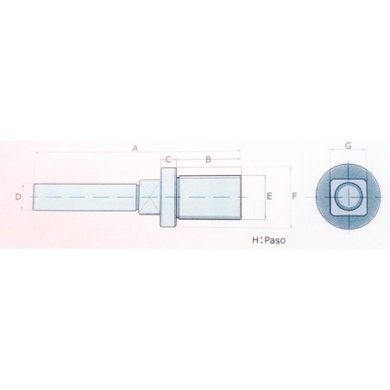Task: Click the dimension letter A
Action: point(135,148)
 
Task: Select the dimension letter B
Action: point(207,160)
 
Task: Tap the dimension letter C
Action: point(169,160)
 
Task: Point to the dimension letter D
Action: point(18,198)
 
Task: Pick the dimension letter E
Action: point(270,197)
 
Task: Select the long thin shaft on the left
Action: point(86,198)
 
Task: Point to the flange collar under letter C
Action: point(168,198)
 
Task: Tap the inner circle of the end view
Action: point(347,198)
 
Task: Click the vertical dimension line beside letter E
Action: point(260,198)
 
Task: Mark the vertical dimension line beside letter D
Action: point(26,198)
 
